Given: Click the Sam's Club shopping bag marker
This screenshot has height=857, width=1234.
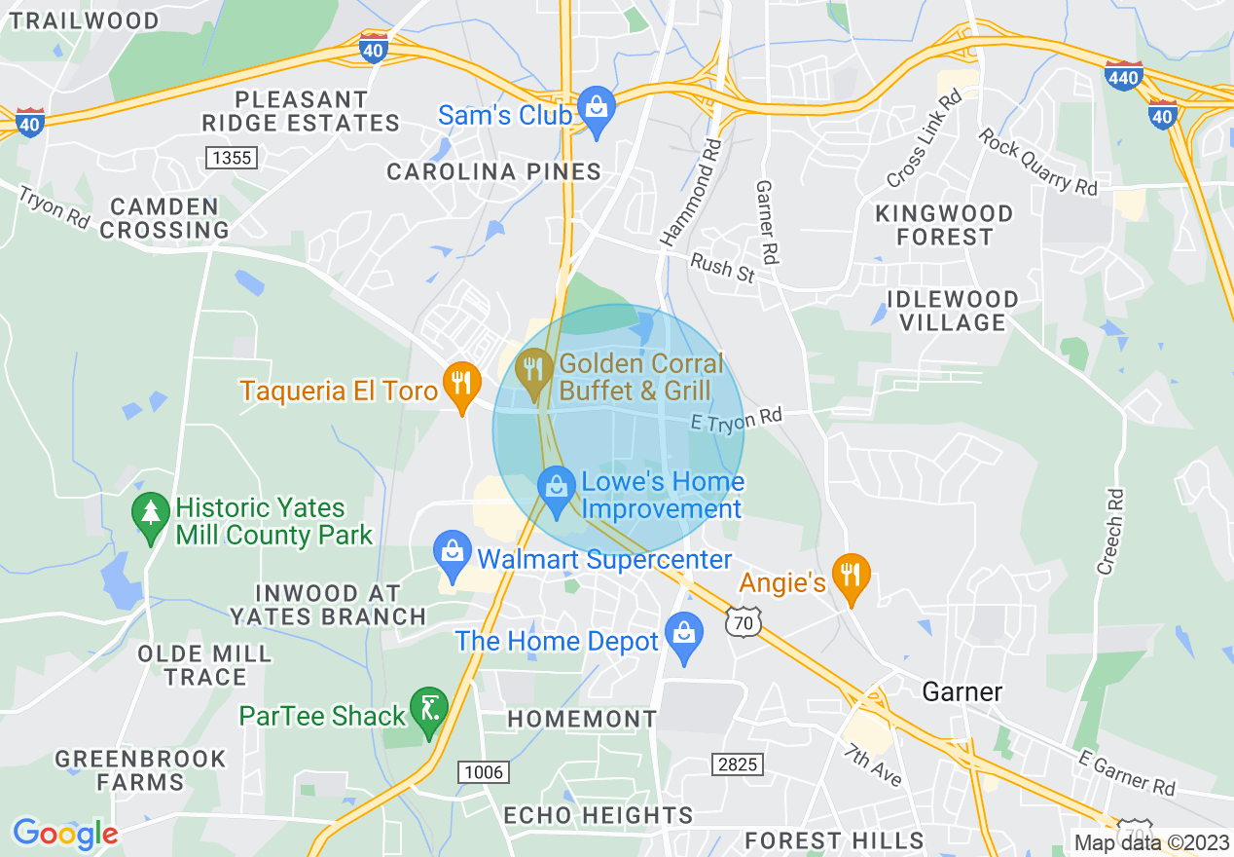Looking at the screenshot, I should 595,110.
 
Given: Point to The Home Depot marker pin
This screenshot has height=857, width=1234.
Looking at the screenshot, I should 684,635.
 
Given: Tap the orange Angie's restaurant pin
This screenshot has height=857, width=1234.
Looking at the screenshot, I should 852,576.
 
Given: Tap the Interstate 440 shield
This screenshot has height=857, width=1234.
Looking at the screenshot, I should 1123,75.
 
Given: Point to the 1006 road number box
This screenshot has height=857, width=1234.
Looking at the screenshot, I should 484,772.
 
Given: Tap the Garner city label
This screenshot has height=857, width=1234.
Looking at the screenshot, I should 962,692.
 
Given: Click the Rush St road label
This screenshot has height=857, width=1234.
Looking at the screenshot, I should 723,267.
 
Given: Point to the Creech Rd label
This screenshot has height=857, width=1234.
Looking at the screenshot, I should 1111,531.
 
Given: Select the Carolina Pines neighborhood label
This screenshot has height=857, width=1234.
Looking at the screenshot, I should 494,172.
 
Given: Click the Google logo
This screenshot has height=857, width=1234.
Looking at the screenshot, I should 65,834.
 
